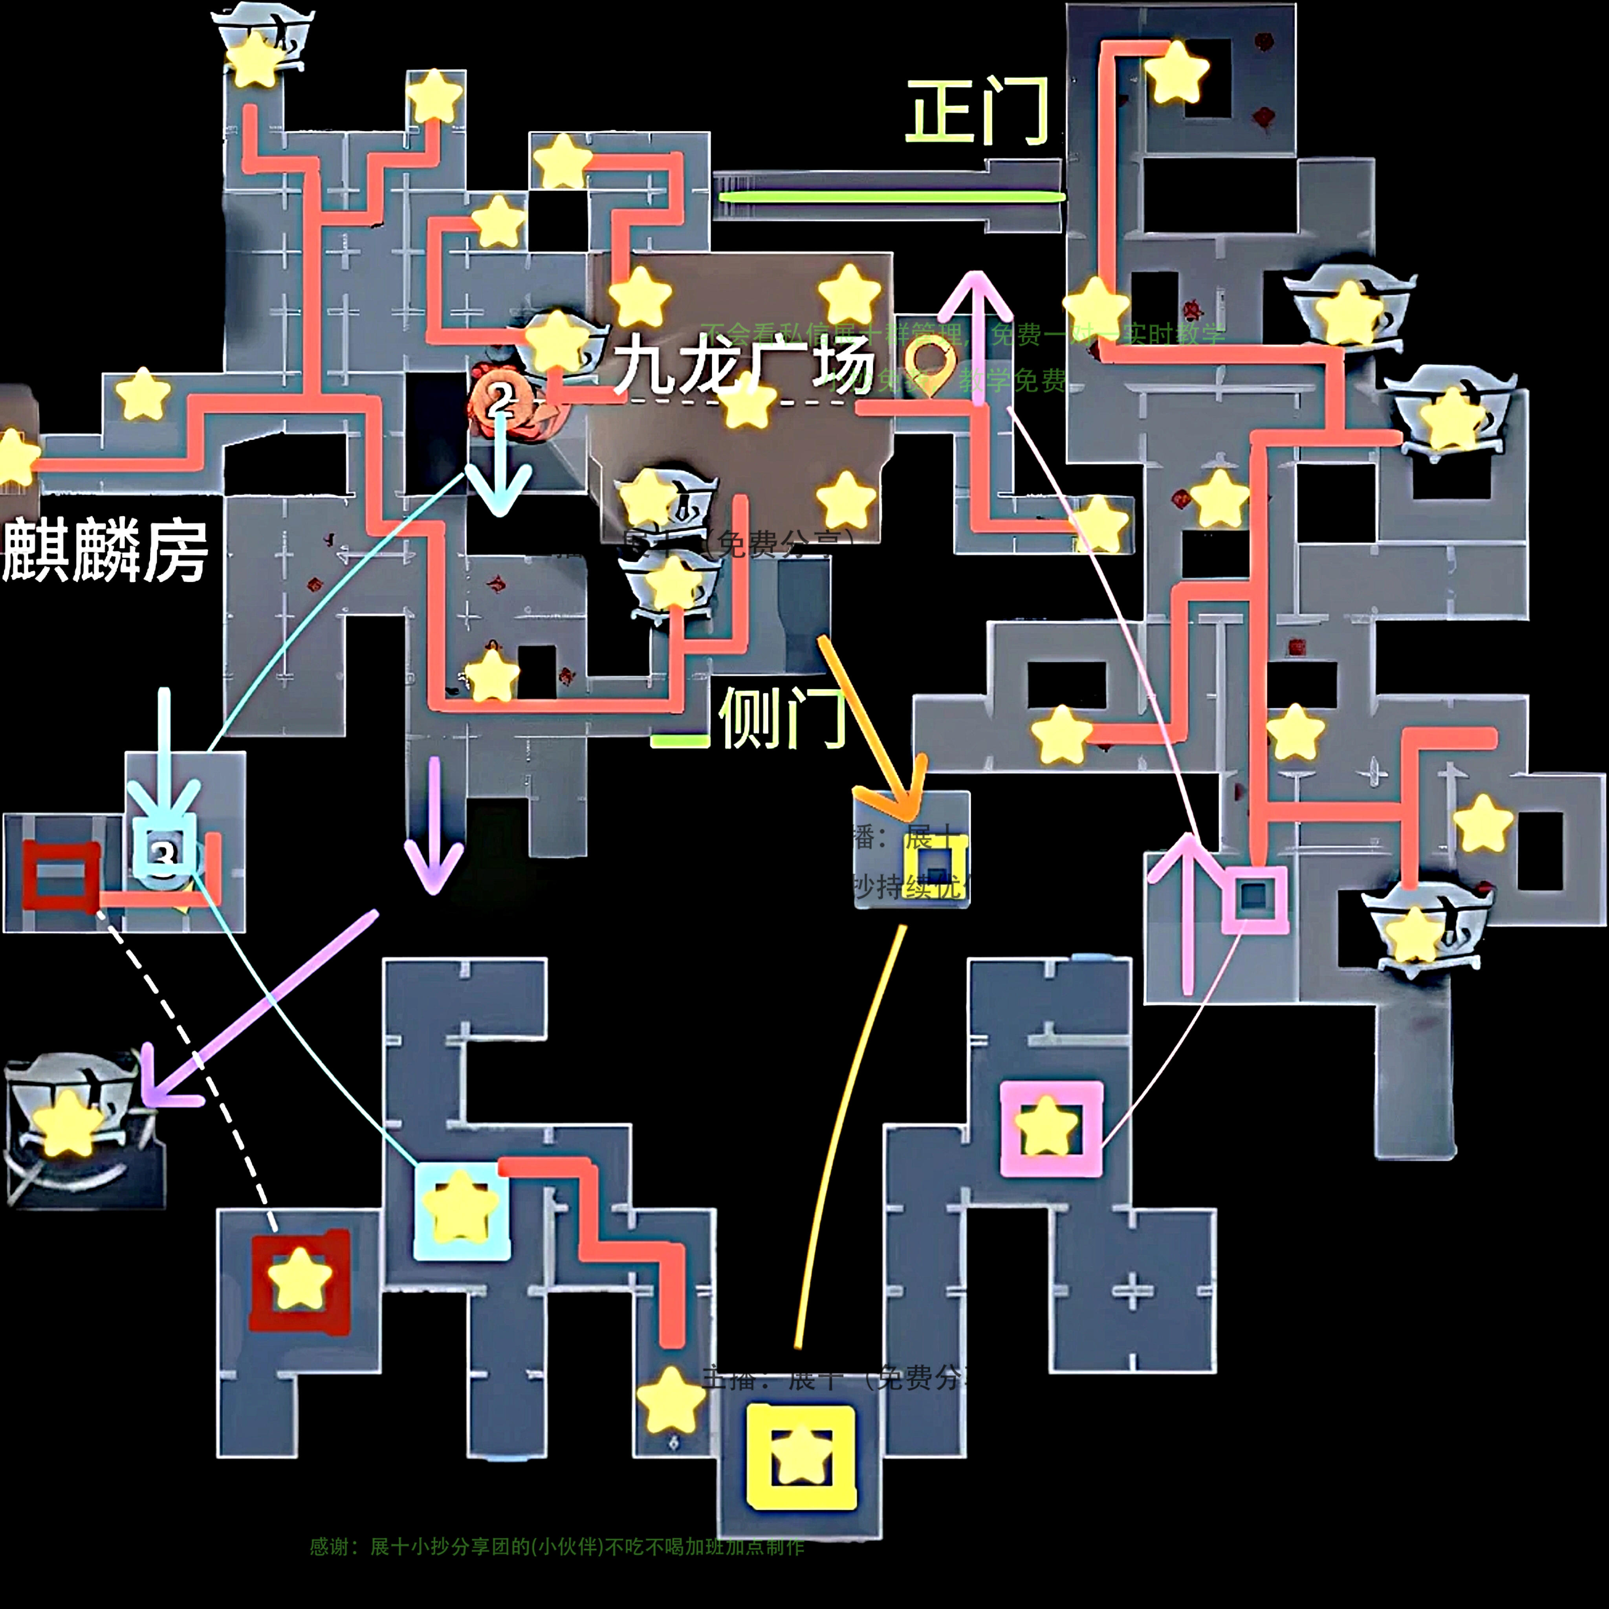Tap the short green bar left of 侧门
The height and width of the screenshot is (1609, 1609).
click(679, 740)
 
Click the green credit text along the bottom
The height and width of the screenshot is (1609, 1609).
click(556, 1547)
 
